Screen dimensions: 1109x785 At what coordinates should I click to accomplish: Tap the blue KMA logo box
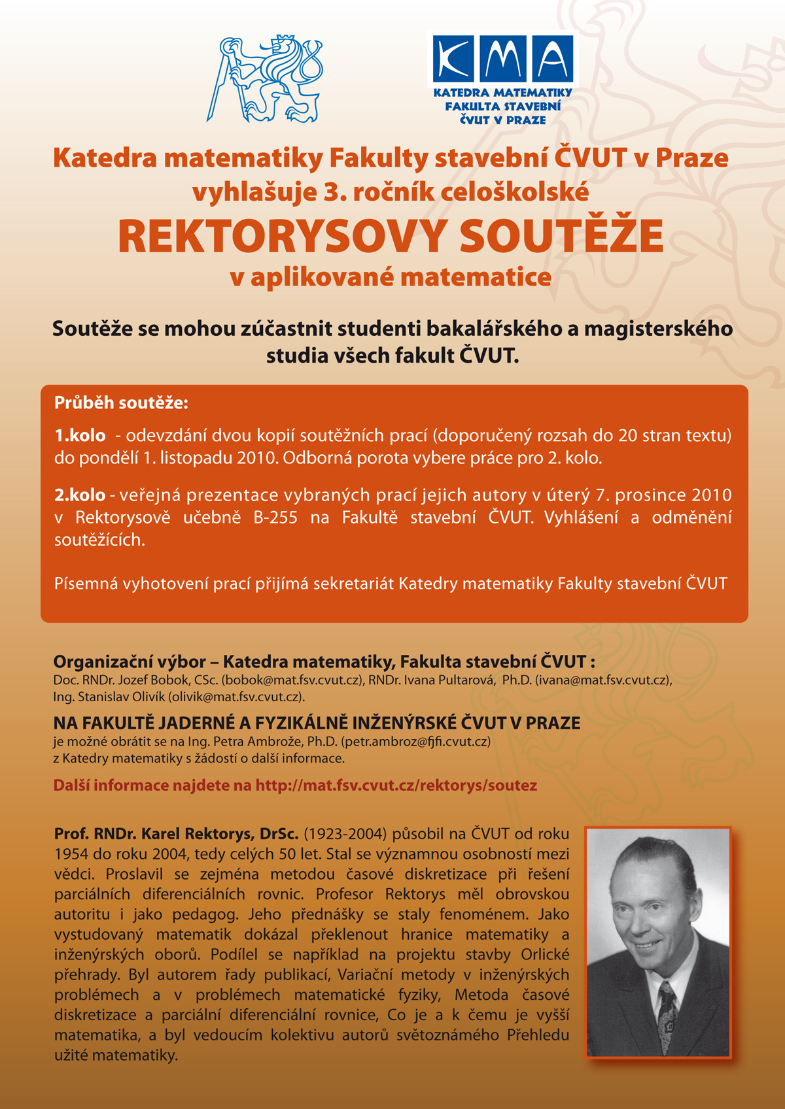(x=502, y=59)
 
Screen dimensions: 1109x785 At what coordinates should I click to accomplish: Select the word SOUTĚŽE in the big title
(x=561, y=236)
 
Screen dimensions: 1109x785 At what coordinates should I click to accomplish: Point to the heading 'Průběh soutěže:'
(x=121, y=403)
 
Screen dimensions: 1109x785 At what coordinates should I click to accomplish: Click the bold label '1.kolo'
(x=80, y=436)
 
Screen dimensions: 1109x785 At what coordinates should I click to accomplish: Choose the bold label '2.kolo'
(x=80, y=495)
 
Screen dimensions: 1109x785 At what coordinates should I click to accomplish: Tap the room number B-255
(x=275, y=518)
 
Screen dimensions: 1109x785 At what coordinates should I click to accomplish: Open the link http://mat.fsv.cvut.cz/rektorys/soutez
(x=396, y=786)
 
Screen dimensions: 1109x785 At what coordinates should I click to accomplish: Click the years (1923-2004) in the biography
(x=345, y=835)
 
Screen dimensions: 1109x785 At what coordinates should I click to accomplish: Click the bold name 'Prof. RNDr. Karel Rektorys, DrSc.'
(x=176, y=835)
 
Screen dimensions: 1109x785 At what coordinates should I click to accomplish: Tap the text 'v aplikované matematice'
(x=391, y=278)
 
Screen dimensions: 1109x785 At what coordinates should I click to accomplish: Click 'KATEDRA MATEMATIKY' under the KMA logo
(x=502, y=93)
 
